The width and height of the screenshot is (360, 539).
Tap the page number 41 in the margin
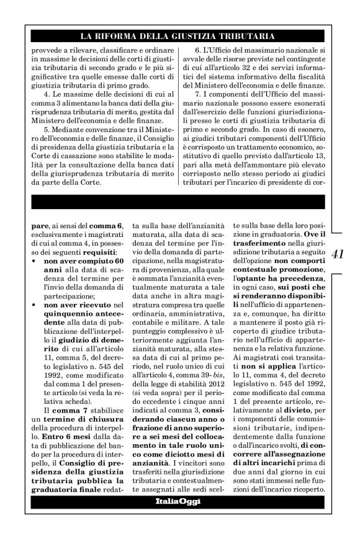[340, 254]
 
